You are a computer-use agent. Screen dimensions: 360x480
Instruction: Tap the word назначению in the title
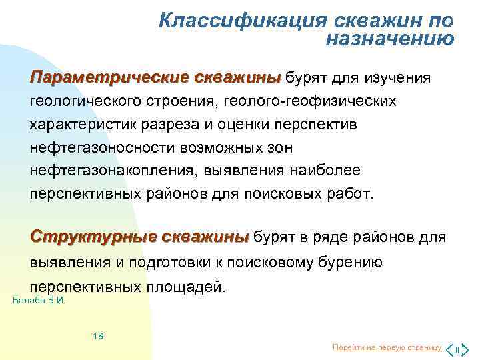click(390, 39)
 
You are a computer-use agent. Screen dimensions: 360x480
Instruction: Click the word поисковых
click(297, 195)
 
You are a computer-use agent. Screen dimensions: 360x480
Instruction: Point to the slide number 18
click(98, 336)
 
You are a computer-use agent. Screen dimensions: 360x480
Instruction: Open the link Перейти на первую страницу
click(387, 348)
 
